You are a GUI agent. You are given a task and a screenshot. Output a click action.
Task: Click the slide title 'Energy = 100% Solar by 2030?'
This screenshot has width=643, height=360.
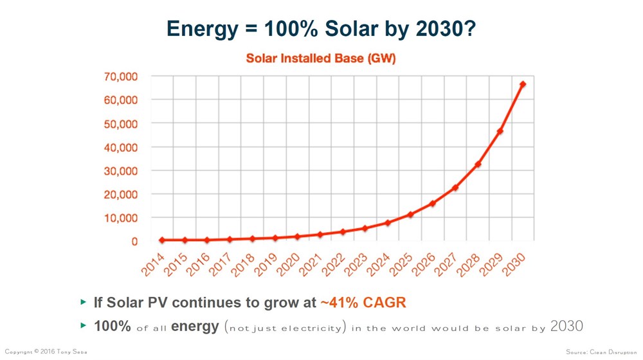[321, 28]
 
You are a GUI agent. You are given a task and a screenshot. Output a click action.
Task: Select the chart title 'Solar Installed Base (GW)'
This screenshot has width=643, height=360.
[321, 59]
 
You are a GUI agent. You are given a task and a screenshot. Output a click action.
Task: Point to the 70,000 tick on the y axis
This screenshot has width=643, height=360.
[121, 76]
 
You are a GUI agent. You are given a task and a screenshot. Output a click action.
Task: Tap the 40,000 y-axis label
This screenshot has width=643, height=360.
[121, 147]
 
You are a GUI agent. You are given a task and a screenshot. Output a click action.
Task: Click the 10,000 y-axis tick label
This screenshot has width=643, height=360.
[121, 218]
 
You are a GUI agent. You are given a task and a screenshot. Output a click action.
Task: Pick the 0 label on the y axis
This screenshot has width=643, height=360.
[134, 242]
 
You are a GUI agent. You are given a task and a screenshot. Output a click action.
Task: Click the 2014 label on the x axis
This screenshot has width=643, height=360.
[154, 264]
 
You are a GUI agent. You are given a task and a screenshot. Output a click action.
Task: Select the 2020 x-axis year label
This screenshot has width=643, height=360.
[289, 264]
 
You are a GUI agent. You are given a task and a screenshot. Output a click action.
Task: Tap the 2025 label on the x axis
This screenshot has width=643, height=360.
[401, 264]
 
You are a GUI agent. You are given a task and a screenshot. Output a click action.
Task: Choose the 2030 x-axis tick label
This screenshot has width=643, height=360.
[514, 264]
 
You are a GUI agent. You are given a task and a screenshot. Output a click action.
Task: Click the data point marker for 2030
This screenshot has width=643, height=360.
[523, 84]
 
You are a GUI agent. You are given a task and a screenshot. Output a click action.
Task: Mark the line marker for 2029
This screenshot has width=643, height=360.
[500, 131]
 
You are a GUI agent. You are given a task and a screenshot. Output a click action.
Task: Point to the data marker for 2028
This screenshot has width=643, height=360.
[478, 165]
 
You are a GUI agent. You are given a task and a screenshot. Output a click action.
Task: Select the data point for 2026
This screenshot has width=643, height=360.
[433, 203]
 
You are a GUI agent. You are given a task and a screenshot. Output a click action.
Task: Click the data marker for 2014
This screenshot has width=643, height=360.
[162, 240]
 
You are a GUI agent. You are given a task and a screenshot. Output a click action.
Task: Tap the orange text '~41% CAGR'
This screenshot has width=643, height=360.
[363, 301]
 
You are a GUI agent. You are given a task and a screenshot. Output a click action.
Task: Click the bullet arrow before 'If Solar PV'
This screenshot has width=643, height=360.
[83, 301]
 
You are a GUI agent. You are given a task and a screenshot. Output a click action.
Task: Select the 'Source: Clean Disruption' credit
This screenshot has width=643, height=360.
[602, 352]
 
